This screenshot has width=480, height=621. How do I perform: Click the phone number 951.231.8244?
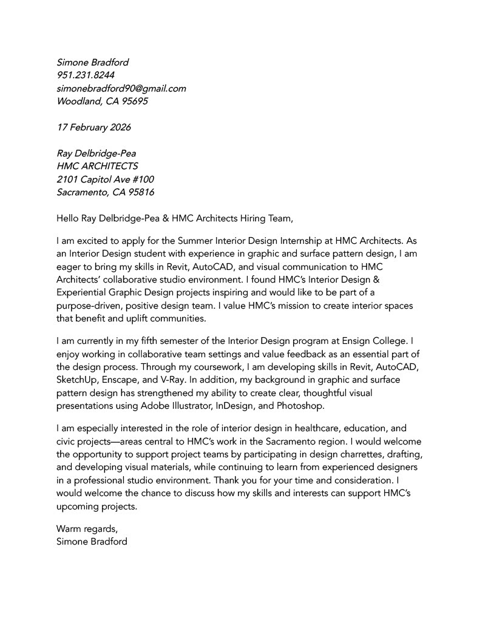[86, 75]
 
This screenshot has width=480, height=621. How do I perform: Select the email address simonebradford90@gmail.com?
[121, 89]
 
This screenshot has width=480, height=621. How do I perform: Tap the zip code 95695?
[135, 101]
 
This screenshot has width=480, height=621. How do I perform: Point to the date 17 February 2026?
[93, 127]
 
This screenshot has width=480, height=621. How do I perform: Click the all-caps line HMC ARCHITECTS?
[97, 166]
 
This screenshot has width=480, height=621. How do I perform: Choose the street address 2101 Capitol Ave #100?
[105, 180]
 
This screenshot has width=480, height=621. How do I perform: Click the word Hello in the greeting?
[68, 218]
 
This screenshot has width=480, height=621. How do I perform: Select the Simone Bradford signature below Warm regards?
[92, 542]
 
